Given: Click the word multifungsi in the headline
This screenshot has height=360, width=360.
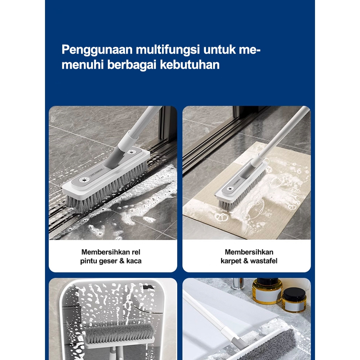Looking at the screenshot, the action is [x=168, y=50].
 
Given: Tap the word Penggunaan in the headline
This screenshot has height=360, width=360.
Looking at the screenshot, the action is [x=97, y=50].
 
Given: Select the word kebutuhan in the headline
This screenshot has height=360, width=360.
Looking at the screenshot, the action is [x=190, y=64].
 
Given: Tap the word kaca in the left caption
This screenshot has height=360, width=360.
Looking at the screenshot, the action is [x=134, y=261].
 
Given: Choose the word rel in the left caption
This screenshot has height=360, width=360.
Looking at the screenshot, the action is [x=136, y=252].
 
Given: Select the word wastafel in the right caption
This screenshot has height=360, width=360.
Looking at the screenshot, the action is [x=264, y=261].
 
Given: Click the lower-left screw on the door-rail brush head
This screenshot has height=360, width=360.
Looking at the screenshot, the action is [x=84, y=180].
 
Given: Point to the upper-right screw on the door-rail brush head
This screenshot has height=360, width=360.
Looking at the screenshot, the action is [x=132, y=152].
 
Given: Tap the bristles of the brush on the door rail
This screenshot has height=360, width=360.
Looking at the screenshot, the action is [x=108, y=188].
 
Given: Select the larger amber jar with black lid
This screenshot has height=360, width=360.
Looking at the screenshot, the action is [x=267, y=291].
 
